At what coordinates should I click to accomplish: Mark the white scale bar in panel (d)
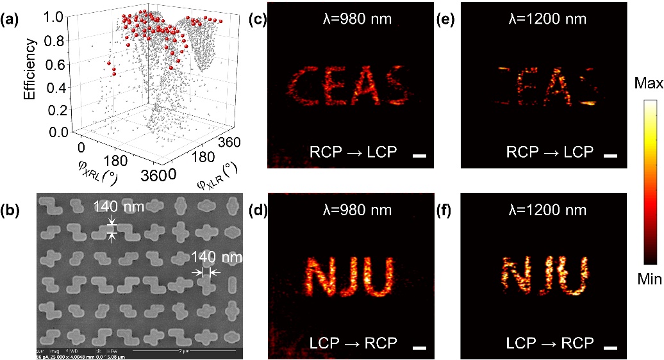coord(420,347)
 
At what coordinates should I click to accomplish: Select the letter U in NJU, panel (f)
coord(574,276)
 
